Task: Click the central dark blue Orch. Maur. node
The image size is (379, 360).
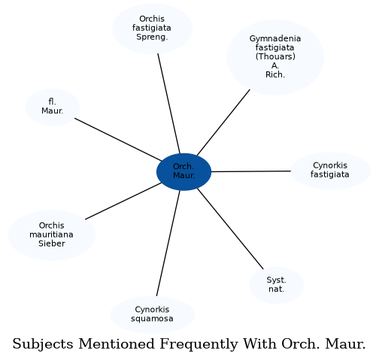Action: [183, 172]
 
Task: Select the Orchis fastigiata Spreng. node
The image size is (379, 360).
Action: [152, 29]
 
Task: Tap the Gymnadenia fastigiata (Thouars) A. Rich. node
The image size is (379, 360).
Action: [275, 57]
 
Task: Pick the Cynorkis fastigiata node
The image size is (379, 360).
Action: [330, 171]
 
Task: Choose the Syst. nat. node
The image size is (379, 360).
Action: [276, 285]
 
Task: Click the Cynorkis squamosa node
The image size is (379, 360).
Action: [152, 315]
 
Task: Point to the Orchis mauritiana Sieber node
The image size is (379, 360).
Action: [52, 235]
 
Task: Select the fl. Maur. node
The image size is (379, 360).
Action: [52, 107]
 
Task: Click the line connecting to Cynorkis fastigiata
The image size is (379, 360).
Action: [251, 171]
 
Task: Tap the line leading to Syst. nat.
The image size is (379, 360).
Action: [230, 228]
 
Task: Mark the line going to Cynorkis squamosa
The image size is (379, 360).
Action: [168, 244]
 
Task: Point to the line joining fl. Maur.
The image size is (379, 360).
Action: [118, 140]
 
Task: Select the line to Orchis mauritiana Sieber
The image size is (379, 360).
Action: [123, 201]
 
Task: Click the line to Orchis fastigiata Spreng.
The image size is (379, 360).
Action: [169, 104]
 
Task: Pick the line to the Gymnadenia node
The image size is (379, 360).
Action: [223, 123]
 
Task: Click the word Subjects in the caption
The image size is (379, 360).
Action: [43, 343]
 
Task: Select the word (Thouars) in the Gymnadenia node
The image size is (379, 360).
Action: [275, 56]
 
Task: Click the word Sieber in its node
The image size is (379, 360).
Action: [52, 244]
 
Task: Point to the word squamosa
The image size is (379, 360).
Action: [152, 319]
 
